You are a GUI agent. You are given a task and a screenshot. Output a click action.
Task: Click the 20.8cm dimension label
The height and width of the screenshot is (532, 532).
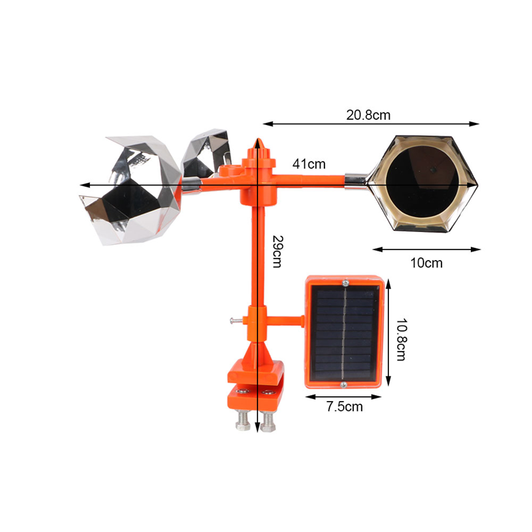coord(368,115)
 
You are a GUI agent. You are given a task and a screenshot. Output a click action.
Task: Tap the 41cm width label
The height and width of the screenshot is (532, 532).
coord(309,164)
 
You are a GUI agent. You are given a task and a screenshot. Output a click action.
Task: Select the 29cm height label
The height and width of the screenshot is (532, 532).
coord(278,251)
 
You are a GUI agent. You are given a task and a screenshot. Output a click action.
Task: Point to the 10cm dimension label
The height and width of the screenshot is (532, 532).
coord(426,263)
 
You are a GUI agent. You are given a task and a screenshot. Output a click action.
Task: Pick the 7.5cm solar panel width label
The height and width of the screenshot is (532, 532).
coord(344,406)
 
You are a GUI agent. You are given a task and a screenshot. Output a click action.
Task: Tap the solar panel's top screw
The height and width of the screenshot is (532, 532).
coord(345,282)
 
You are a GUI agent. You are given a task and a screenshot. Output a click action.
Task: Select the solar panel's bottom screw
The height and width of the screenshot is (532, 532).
coord(344,384)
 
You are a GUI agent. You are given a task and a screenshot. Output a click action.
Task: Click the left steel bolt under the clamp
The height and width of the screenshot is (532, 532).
coord(243,420)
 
